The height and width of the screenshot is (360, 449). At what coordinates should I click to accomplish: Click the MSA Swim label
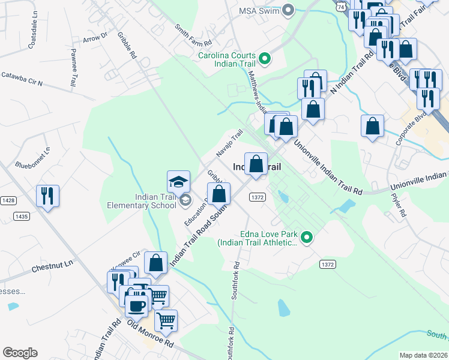[x=259, y=10]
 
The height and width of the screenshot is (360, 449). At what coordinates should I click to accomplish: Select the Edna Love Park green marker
[x=307, y=238]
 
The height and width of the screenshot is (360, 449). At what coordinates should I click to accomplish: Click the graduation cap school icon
[x=179, y=181]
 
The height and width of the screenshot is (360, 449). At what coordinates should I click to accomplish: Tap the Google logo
[x=20, y=352]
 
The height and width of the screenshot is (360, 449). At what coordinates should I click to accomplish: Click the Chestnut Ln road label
[x=52, y=263]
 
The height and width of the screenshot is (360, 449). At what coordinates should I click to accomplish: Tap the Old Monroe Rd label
[x=151, y=335]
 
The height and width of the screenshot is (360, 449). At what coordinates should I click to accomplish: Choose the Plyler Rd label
[x=399, y=205]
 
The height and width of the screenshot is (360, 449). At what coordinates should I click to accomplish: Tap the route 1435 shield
[x=22, y=216]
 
